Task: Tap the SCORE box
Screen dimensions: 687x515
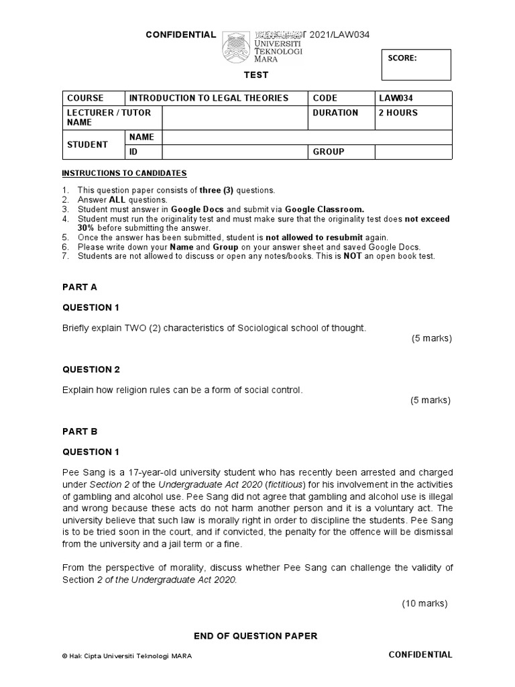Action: (x=416, y=64)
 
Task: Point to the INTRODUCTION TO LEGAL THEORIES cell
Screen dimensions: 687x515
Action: (x=208, y=98)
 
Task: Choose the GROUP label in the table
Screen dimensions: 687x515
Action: (x=329, y=152)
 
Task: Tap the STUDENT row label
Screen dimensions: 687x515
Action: (x=87, y=144)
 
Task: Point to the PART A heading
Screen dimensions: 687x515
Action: (x=80, y=286)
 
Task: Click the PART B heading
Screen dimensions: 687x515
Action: (x=80, y=431)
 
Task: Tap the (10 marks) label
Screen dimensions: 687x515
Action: (x=424, y=603)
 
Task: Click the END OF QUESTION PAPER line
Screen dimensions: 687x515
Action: (x=255, y=635)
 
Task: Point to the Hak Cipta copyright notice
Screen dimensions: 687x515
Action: (x=127, y=656)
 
